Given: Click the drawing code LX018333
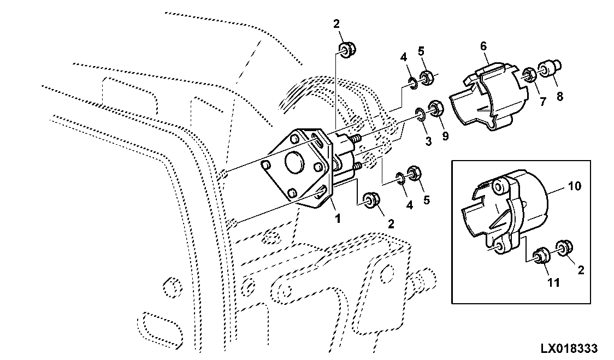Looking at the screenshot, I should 570,348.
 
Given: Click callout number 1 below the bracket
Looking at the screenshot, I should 338,219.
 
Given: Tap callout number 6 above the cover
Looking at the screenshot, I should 483,46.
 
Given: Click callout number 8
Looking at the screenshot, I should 560,97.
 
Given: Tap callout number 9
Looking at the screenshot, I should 445,137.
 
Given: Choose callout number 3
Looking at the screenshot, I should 428,141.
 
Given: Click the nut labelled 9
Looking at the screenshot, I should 435,108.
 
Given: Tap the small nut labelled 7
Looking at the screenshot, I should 529,74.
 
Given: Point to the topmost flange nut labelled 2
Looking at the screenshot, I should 345,49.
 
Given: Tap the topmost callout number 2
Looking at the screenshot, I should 336,23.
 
